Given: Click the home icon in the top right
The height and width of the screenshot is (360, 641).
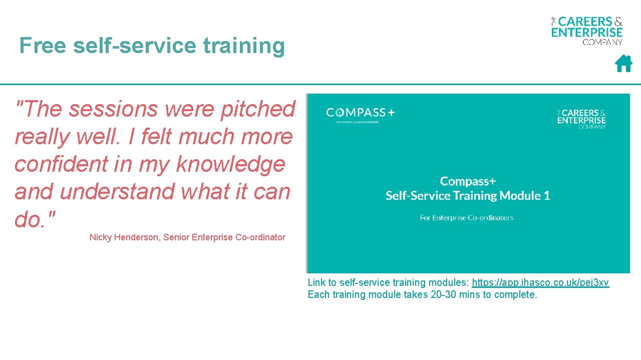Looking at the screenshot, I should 623,64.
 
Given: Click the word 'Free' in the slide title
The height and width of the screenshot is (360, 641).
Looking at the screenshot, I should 43,46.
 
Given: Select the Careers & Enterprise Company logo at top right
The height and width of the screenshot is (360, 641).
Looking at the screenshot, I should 587,30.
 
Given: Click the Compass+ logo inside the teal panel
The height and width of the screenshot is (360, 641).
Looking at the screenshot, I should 360,113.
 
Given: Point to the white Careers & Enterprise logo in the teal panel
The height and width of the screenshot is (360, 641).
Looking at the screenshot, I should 581,118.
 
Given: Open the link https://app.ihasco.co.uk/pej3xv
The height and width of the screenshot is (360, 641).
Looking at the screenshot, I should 540,282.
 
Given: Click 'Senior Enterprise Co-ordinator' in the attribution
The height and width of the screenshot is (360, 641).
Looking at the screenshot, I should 224,237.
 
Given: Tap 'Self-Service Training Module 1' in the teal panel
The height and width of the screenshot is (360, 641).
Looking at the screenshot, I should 468,196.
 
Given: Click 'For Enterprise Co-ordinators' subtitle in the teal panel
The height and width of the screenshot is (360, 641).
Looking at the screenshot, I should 467,218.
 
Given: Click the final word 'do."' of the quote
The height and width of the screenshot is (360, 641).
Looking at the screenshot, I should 35,219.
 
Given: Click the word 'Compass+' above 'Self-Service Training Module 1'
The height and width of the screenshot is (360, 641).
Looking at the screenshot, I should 468,181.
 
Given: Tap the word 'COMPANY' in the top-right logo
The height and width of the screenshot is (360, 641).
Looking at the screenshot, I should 602,42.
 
